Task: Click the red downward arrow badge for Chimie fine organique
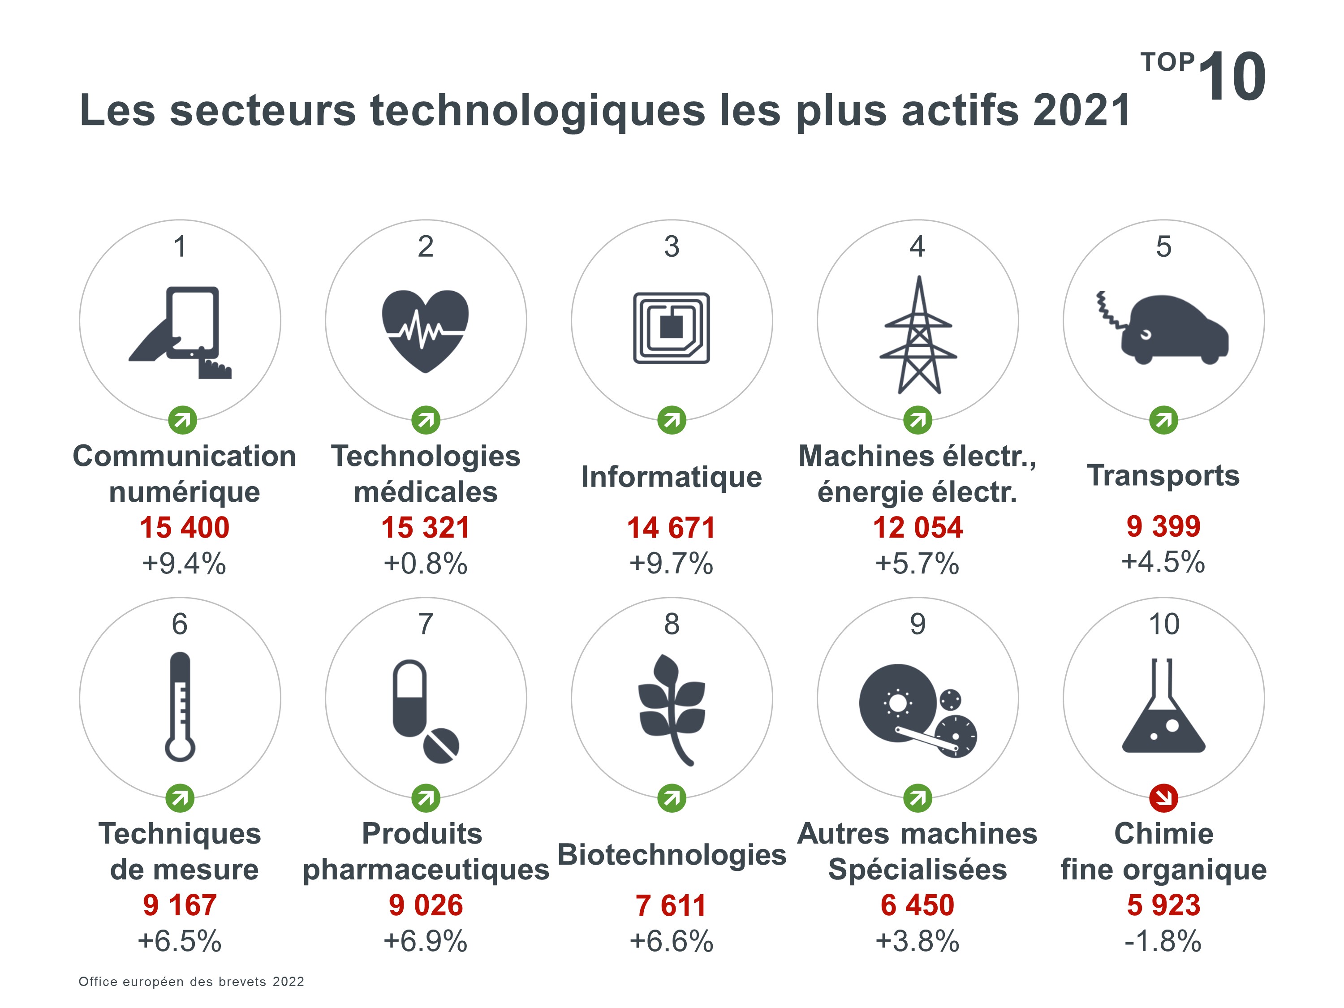click(1163, 798)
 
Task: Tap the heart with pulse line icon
click(425, 330)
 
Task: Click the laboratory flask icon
click(1163, 706)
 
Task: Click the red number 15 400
click(185, 527)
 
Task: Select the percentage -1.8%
click(1163, 940)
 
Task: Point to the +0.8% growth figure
click(425, 563)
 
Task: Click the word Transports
click(1163, 475)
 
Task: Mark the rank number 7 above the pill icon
click(425, 624)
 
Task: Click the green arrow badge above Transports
click(1163, 420)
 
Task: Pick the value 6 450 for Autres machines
click(918, 905)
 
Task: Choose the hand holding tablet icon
click(182, 332)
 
